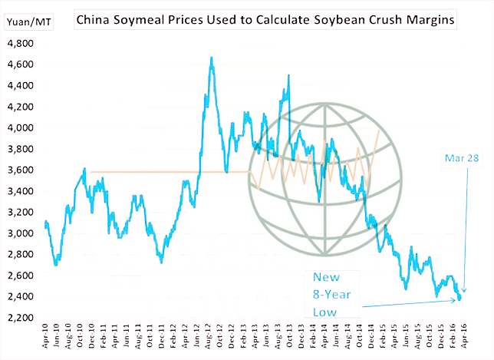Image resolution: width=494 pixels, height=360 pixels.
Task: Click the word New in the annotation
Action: click(325, 278)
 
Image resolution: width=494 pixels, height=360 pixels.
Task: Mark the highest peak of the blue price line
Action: click(211, 58)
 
